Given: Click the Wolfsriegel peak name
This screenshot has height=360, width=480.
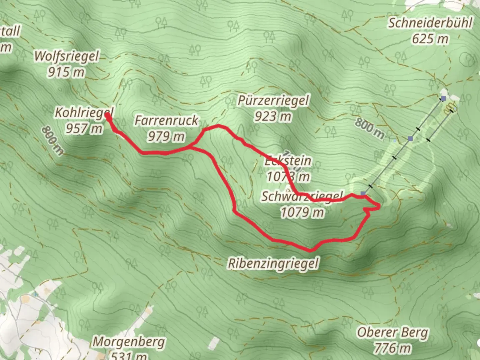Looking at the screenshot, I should (67, 56).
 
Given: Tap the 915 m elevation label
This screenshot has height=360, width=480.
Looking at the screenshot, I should (66, 72).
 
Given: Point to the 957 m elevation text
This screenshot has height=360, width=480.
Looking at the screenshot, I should (84, 128).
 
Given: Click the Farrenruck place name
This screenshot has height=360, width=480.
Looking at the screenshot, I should (166, 120).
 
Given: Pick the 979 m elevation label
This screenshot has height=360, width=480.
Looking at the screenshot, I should (166, 136).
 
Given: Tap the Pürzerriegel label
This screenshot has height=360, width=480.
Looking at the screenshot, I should (273, 100).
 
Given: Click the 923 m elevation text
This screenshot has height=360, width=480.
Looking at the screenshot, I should (273, 116).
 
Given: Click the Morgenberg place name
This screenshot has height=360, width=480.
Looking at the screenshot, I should (128, 341).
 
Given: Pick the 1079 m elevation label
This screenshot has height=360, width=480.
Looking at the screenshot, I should (302, 212).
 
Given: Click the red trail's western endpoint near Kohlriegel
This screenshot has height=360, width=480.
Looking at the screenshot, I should (108, 115).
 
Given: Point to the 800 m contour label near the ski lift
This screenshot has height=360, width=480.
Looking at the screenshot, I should (369, 128).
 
